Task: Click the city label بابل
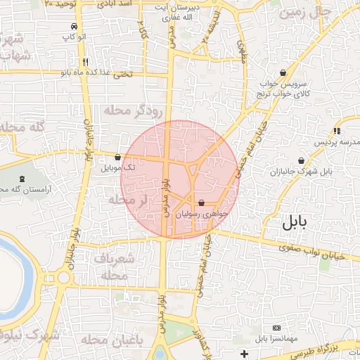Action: (x=295, y=224)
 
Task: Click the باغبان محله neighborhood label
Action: (x=112, y=340)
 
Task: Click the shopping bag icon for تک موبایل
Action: (x=117, y=157)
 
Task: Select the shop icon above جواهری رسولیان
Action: (x=202, y=202)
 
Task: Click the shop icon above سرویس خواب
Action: (x=283, y=72)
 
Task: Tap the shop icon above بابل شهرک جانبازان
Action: (x=301, y=160)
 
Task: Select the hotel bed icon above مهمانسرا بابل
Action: (x=276, y=328)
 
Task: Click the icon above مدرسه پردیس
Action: (x=336, y=131)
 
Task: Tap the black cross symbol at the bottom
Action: (x=244, y=353)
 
